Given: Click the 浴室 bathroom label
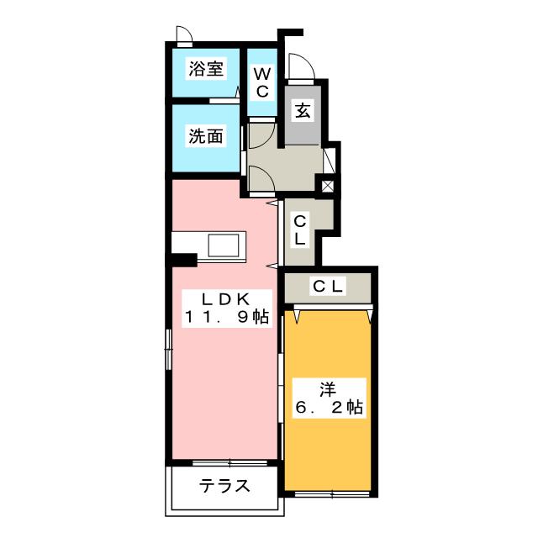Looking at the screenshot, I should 206,70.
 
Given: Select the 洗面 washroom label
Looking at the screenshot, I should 205,136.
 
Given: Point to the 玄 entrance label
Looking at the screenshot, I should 301,109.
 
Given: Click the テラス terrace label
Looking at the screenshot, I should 224,486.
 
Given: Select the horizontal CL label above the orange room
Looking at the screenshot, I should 329,287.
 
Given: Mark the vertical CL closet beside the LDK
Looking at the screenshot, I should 299,229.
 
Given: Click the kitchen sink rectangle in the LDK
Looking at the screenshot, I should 224,245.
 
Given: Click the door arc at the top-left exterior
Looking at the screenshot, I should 183,35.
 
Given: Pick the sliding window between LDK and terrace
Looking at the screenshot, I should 224,462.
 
